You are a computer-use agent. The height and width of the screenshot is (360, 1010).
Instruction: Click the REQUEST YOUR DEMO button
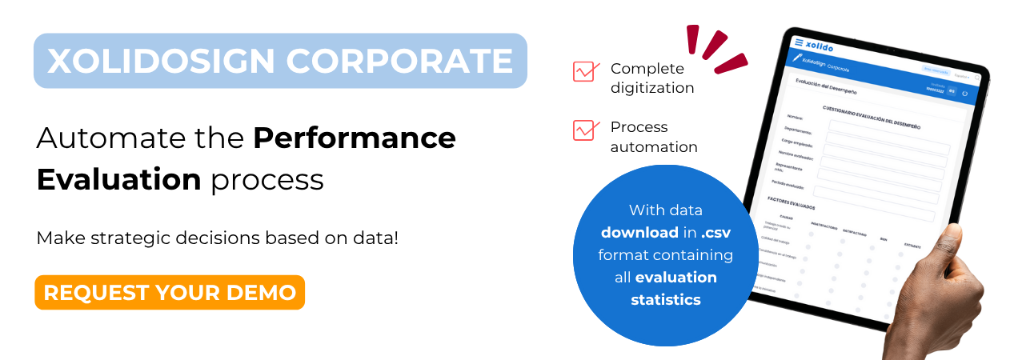[170, 293]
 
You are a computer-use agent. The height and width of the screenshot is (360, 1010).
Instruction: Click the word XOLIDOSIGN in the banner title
[158, 61]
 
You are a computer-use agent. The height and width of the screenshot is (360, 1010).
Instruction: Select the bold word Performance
[355, 138]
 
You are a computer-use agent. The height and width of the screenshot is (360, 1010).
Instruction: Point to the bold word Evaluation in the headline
[118, 179]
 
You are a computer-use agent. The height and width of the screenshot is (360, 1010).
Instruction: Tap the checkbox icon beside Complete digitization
[586, 72]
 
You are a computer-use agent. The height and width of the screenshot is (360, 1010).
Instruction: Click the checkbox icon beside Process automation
[586, 130]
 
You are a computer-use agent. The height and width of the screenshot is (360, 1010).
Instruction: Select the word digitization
[652, 88]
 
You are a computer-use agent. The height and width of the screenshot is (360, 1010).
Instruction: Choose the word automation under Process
[654, 147]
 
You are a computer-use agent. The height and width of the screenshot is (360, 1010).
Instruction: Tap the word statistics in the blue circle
[666, 300]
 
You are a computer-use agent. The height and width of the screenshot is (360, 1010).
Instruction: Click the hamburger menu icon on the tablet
[798, 42]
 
